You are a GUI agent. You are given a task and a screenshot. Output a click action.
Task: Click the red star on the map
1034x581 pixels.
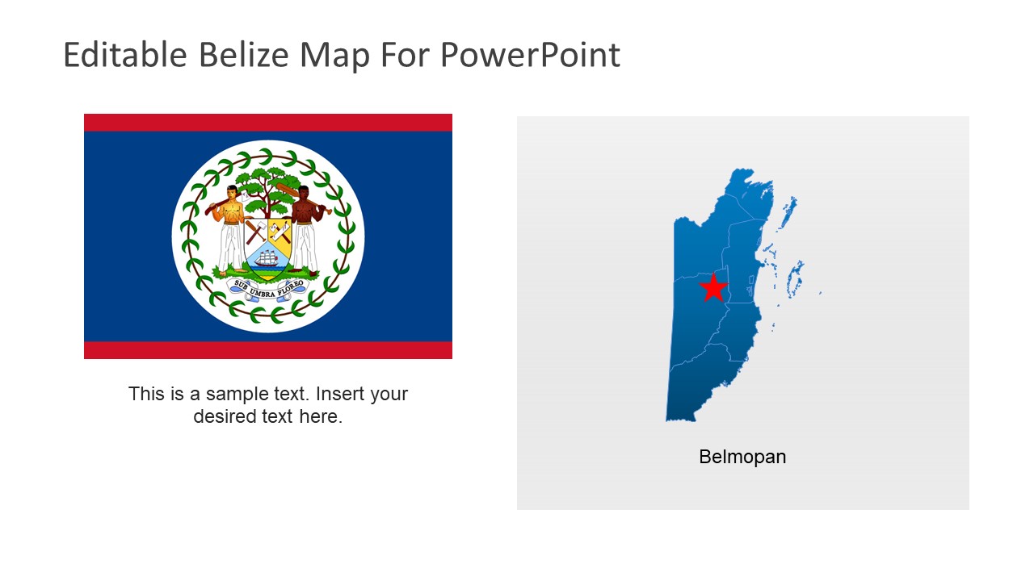point(712,288)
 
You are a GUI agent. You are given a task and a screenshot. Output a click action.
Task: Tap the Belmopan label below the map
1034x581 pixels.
point(742,457)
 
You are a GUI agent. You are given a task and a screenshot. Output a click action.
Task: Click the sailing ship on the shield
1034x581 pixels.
point(267,258)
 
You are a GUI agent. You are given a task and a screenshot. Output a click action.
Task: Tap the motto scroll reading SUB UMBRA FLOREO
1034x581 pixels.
point(268,286)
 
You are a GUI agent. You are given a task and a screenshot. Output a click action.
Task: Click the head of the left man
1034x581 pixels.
point(233,193)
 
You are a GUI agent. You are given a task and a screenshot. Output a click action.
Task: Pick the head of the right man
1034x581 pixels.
point(304,193)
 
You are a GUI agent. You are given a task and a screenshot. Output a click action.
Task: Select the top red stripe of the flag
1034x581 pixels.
point(268,122)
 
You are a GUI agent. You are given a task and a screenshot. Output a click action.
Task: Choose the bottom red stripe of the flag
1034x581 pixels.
point(268,349)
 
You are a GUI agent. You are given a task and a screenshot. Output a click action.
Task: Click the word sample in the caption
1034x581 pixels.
point(235,394)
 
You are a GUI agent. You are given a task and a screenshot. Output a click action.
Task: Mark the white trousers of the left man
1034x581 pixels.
point(229,246)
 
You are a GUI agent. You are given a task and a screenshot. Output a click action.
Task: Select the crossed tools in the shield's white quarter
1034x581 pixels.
point(256,232)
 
